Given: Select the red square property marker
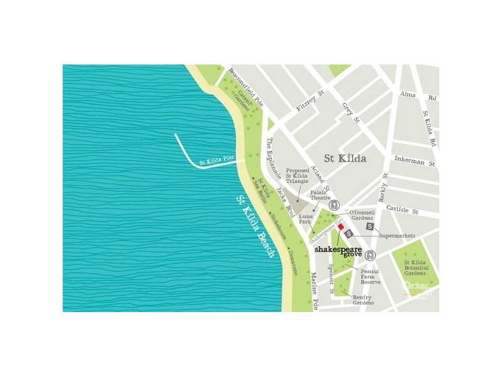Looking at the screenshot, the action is pos(341,227).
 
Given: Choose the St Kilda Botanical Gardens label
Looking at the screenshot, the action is pos(416,268).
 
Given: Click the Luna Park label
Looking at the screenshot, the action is pos(306,219).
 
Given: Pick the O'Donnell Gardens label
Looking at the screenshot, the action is pos(362,214).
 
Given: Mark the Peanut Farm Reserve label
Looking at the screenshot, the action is pos(370,276).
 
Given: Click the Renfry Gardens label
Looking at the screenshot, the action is pos(363,299).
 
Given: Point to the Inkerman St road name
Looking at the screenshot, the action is pos(414,162).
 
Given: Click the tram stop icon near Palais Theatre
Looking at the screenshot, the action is pos(334,205).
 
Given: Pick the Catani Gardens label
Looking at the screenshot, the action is pos(243,98).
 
